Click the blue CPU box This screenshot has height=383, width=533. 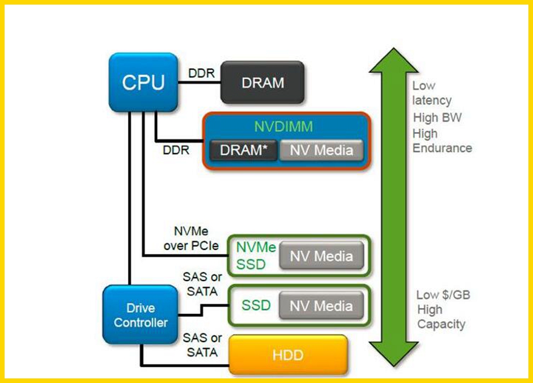tap(143, 82)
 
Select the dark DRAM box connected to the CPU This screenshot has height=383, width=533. tap(262, 83)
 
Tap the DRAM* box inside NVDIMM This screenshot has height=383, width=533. tap(243, 150)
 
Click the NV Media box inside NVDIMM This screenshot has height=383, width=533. tap(321, 150)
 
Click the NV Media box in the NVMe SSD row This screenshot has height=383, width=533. tap(321, 256)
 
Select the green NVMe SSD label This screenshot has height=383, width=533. tap(256, 256)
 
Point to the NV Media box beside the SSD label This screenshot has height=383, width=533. tap(321, 306)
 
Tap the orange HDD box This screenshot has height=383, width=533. tap(288, 354)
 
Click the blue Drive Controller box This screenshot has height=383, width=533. tap(140, 315)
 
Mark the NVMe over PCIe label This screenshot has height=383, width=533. tap(191, 238)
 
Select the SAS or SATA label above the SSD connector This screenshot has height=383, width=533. tap(202, 284)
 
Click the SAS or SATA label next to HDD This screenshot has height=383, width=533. tap(202, 345)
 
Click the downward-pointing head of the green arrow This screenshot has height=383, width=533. tap(394, 355)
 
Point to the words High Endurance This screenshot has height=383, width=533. tap(442, 141)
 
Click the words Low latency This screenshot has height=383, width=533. tap(432, 93)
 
